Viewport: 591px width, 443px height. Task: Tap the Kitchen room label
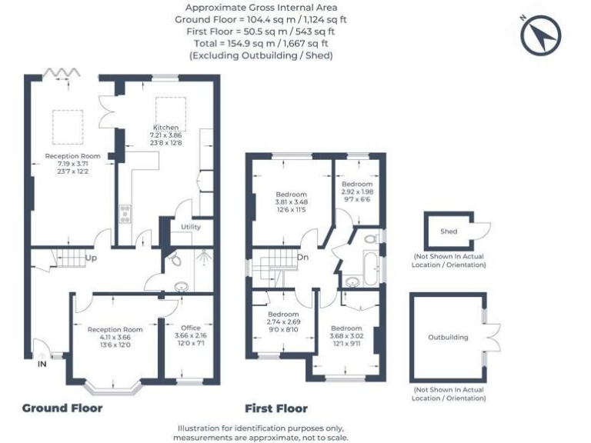coord(165,127)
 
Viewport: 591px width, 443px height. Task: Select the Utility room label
coord(191,228)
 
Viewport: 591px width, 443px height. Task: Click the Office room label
coord(189,328)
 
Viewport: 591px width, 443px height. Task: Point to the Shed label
coord(449,231)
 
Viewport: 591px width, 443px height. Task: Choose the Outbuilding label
coord(448,337)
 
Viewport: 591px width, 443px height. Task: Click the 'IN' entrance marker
coord(42,365)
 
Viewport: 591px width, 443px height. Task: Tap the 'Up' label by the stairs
coord(91,258)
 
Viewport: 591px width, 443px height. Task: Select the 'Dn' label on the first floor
coord(304,258)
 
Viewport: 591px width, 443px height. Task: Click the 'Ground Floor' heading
coord(62,408)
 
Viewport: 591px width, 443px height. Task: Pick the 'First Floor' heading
coord(275,408)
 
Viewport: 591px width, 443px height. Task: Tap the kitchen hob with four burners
coord(125,214)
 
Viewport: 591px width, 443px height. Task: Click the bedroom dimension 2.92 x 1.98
coord(356,192)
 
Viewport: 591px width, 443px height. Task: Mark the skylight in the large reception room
coord(67,121)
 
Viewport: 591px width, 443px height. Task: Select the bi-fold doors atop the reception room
coord(61,72)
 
